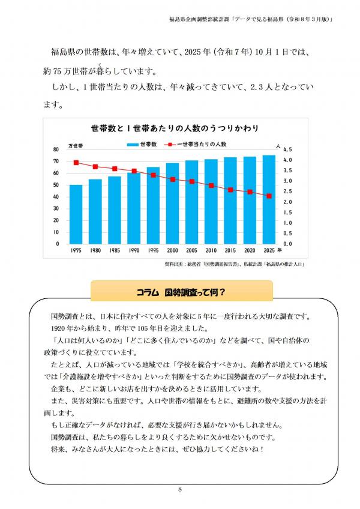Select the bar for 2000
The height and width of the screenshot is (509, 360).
(x=172, y=203)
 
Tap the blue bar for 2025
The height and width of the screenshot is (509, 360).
(x=269, y=199)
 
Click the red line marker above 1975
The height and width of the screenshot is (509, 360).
(x=76, y=163)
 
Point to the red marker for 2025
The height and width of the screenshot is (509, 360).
(x=269, y=196)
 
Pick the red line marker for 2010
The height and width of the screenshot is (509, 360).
(x=211, y=185)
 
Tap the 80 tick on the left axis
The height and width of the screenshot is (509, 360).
(x=56, y=149)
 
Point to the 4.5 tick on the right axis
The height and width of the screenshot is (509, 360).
(x=287, y=149)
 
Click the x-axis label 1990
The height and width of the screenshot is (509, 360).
(x=134, y=250)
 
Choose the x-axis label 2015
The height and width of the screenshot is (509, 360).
(x=230, y=250)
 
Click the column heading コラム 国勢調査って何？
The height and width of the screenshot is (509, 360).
(x=181, y=292)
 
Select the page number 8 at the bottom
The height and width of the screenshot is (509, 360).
(x=180, y=490)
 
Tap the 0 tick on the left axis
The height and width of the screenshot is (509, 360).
(x=58, y=244)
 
